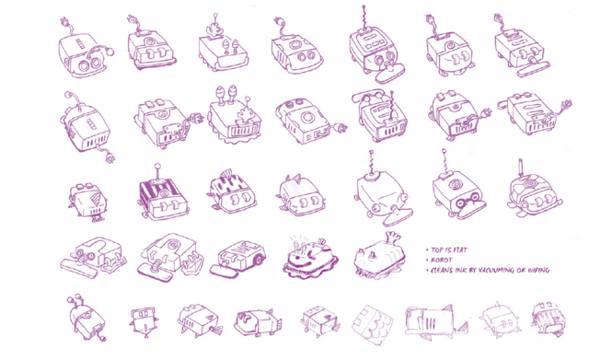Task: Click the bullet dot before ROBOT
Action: pos(427,261)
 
